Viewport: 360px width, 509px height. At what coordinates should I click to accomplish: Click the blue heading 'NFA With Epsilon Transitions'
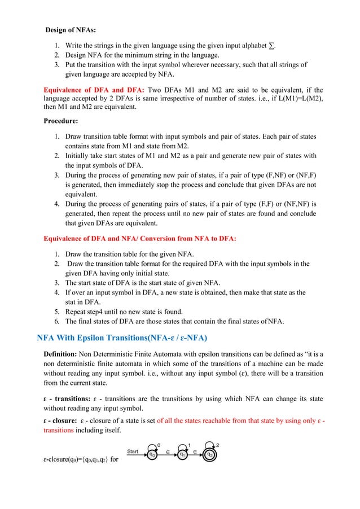(122, 338)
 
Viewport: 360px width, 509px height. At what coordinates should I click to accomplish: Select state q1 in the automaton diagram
(182, 453)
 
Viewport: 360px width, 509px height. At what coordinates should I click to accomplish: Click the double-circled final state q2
(209, 453)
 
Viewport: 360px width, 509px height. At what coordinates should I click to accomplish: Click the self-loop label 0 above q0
(159, 444)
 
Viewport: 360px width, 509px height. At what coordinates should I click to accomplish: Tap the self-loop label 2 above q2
(218, 444)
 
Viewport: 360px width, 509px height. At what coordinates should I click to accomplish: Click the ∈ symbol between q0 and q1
(168, 453)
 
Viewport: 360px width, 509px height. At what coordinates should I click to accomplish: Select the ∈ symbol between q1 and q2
(196, 453)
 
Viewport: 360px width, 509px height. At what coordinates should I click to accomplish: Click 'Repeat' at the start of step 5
(77, 311)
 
